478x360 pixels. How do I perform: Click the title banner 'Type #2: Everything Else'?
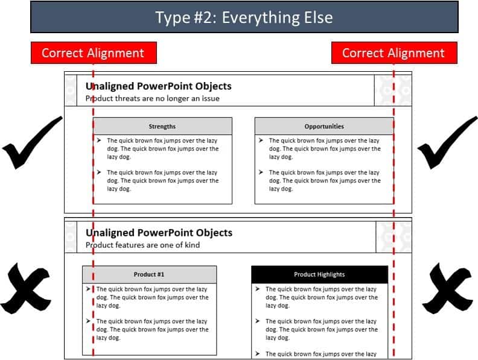click(x=244, y=17)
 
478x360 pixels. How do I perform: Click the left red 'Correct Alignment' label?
click(x=94, y=53)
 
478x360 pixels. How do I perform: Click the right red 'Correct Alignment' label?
click(x=394, y=53)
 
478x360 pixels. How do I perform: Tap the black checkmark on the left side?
click(x=30, y=145)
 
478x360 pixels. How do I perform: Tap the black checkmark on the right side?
click(x=447, y=145)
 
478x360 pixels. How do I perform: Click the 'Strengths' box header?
click(x=162, y=127)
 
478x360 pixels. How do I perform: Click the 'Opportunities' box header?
click(x=324, y=127)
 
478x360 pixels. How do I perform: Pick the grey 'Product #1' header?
click(x=149, y=274)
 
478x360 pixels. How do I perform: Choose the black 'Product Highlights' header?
click(x=319, y=274)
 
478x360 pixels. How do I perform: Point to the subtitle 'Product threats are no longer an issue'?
click(x=153, y=98)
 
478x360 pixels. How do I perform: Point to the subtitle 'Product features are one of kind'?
click(x=142, y=245)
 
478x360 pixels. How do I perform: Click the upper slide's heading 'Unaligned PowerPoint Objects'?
click(x=159, y=86)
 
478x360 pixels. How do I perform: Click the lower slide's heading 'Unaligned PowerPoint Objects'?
click(x=159, y=233)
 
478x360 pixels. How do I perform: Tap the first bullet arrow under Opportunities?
click(x=260, y=141)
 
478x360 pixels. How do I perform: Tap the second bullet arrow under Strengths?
click(x=99, y=172)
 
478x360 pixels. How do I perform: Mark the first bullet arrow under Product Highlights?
click(x=257, y=289)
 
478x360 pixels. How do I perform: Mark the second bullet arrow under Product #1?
click(x=89, y=321)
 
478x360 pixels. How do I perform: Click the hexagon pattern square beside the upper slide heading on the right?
click(x=393, y=90)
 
